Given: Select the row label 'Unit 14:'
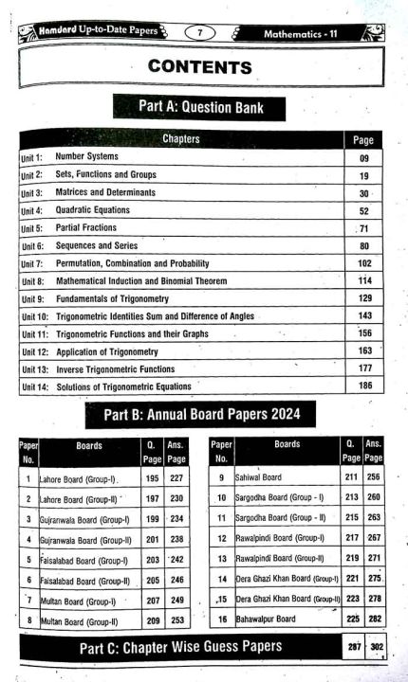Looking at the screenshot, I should coord(33,386).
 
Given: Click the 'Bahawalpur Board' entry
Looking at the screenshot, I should coord(269,619).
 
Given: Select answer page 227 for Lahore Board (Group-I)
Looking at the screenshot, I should coord(176,478).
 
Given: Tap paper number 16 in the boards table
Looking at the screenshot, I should coord(222,619).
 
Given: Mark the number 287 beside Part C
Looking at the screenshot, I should coord(351,646).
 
